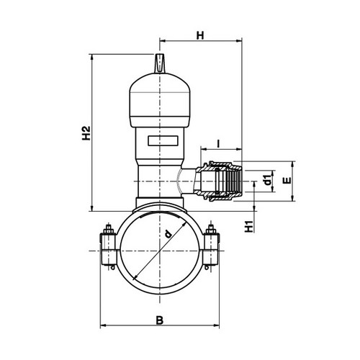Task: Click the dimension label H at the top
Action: pyautogui.click(x=200, y=35)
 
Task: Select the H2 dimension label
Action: pyautogui.click(x=86, y=133)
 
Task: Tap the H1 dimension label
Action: pyautogui.click(x=249, y=226)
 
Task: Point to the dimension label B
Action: pyautogui.click(x=160, y=320)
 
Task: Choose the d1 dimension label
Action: pyautogui.click(x=269, y=180)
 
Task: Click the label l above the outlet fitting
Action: pyautogui.click(x=218, y=143)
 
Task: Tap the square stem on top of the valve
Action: pyautogui.click(x=159, y=63)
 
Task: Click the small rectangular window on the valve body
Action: pyautogui.click(x=163, y=140)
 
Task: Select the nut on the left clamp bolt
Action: pyautogui.click(x=109, y=230)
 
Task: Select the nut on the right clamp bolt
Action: pyautogui.click(x=211, y=230)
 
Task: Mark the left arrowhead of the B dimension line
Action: pyautogui.click(x=103, y=325)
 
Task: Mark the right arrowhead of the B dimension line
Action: pyautogui.click(x=217, y=325)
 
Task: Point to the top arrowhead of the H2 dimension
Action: pyautogui.click(x=91, y=57)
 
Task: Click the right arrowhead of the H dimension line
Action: pyautogui.click(x=239, y=41)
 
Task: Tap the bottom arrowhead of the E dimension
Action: pyautogui.click(x=292, y=198)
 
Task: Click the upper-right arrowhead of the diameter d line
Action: pyautogui.click(x=184, y=224)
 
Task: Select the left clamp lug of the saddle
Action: pyautogui.click(x=108, y=249)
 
